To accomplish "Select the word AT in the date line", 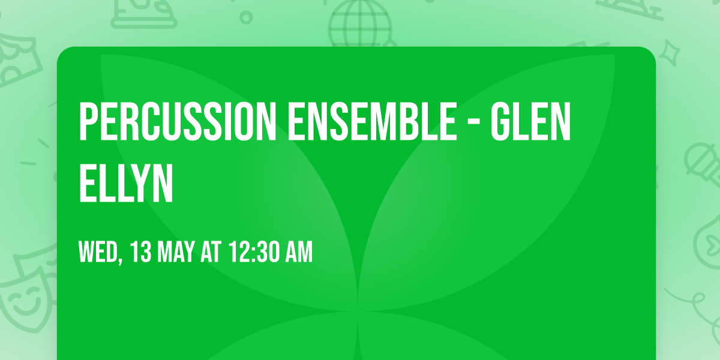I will coord(211,253).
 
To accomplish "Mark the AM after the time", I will coord(299,253).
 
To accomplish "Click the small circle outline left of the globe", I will coord(245,17).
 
